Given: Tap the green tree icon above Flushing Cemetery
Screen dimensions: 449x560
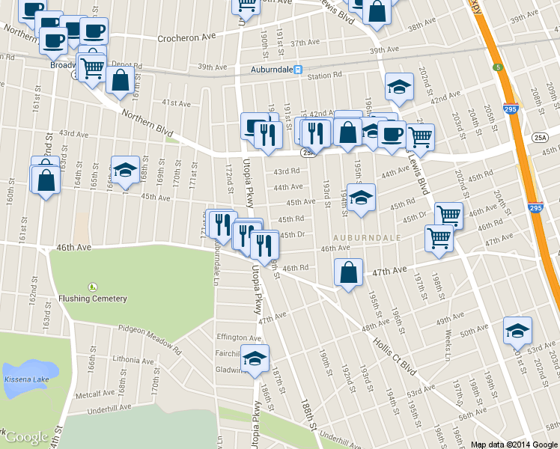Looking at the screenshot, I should [x=92, y=287].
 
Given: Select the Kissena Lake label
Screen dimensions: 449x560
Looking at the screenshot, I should [x=27, y=381].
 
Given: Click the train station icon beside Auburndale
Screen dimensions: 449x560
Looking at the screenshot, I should [x=298, y=70].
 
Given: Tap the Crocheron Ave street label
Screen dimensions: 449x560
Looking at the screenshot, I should [x=186, y=37].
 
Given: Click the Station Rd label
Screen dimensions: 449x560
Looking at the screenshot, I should [x=324, y=76].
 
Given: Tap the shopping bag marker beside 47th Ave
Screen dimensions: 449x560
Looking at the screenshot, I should [x=349, y=273].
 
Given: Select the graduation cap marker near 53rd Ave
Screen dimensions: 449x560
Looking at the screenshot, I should [x=517, y=330].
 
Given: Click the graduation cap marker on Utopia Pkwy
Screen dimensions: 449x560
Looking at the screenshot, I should [x=255, y=358].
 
